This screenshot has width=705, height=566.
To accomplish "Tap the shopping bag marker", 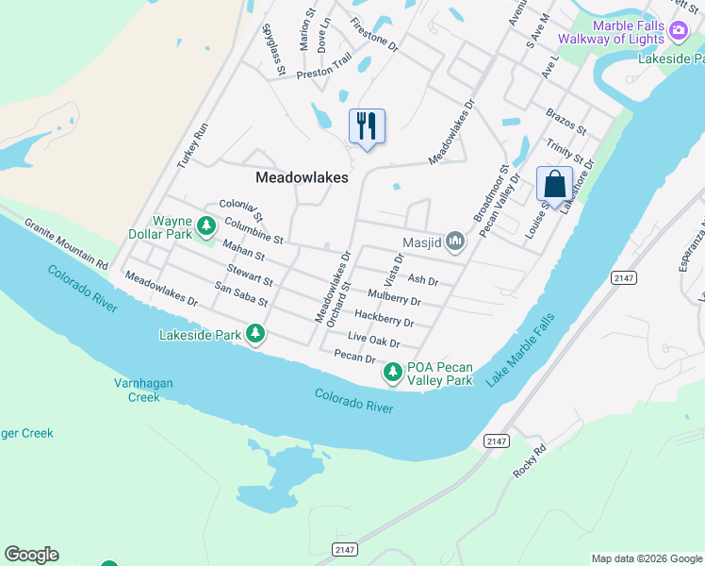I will click(x=554, y=184).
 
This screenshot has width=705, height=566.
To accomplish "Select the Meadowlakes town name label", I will click(x=302, y=177).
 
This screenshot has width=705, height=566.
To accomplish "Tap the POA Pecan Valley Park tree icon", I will click(x=393, y=374).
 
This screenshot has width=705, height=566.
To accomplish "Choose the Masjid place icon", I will click(x=455, y=242).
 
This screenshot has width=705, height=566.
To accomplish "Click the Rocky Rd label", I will click(x=530, y=462).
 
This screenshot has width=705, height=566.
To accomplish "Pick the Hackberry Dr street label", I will click(x=384, y=317).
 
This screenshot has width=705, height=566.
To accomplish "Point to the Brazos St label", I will click(x=566, y=121).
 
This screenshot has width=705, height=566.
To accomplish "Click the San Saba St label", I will click(x=241, y=294).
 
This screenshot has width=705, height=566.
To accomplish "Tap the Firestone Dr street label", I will click(x=374, y=35).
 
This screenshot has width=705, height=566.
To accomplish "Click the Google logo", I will click(x=31, y=555).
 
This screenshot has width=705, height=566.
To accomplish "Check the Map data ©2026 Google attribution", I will click(x=646, y=558).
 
